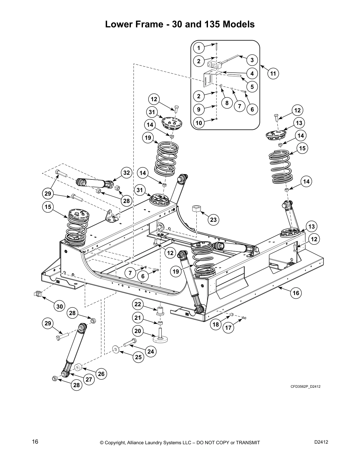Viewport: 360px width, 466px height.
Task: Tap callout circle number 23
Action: tap(213, 219)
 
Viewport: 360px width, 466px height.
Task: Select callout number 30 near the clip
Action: tap(60, 307)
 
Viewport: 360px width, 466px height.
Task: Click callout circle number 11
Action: tap(273, 73)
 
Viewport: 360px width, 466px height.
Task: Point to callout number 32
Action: tap(126, 173)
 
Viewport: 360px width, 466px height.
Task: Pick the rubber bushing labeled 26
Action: tap(78, 368)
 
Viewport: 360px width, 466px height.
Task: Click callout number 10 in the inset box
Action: tap(199, 123)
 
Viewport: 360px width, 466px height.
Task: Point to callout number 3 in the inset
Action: tap(252, 60)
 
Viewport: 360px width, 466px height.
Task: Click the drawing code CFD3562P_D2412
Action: tap(305, 387)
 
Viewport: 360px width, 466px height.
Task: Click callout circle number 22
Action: tap(138, 304)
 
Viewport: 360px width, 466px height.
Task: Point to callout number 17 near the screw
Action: tap(229, 327)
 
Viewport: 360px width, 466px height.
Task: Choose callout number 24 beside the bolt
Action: tap(151, 352)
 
